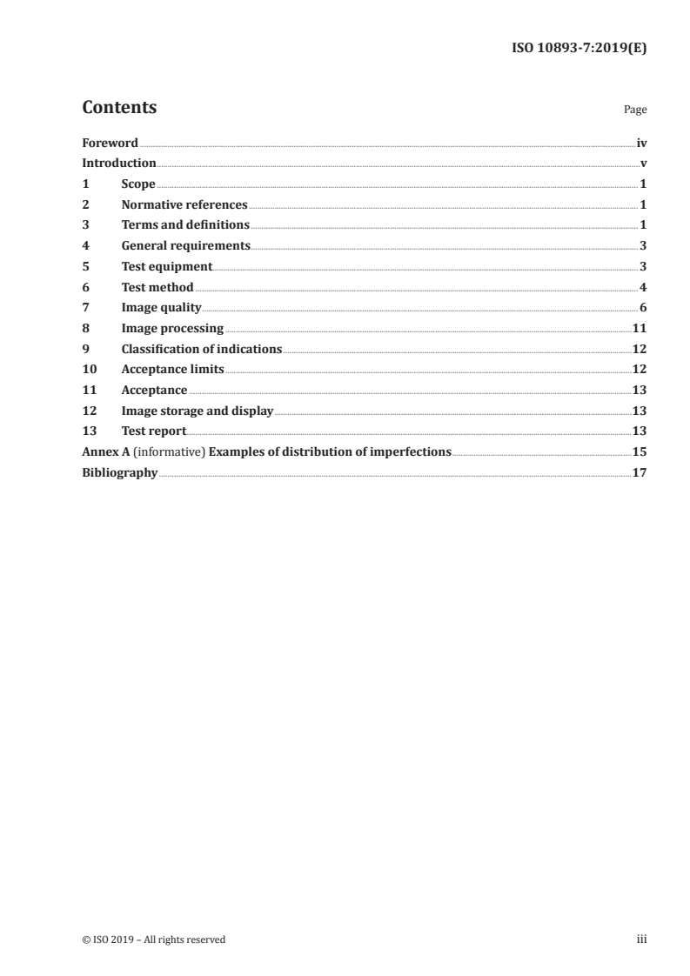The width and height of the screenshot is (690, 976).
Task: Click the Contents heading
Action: tap(119, 108)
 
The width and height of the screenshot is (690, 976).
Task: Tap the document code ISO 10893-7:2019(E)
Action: tap(578, 49)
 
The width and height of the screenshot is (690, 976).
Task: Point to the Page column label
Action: tap(635, 110)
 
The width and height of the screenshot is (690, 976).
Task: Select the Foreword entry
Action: tap(110, 143)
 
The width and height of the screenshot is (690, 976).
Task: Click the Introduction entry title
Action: tap(119, 164)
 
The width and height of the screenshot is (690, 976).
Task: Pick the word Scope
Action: tap(138, 184)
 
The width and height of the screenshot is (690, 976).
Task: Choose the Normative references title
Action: tap(184, 205)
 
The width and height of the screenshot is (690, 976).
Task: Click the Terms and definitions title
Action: tap(185, 225)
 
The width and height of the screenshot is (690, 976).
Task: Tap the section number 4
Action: tap(85, 246)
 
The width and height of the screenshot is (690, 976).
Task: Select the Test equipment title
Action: tap(166, 266)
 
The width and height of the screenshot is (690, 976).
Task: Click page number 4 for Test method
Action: tap(643, 287)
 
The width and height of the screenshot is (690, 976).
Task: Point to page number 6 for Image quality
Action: tap(643, 308)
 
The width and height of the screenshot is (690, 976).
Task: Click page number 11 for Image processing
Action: tap(640, 329)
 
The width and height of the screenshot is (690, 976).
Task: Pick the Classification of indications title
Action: tap(202, 349)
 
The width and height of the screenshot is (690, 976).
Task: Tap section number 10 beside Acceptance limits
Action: tap(88, 370)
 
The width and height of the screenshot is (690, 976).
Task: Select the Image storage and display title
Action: tap(198, 411)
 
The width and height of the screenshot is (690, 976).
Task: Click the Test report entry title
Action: tap(154, 431)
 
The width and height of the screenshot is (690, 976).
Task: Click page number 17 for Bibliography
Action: tap(640, 472)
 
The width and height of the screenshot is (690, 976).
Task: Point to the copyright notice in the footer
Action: tap(154, 939)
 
